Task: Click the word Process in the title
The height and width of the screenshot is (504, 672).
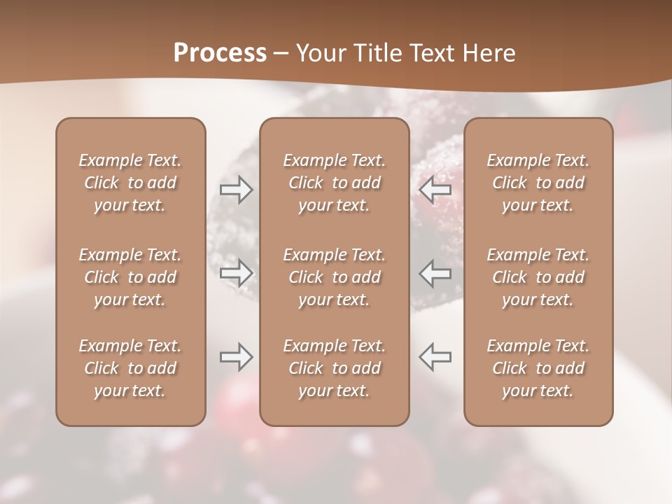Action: coord(220,53)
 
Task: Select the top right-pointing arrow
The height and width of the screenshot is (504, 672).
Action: coord(236,190)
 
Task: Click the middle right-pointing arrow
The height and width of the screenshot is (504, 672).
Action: coord(236,274)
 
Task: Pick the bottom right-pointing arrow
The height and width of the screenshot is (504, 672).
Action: coord(236,357)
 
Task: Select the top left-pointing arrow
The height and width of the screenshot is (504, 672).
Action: coord(435,190)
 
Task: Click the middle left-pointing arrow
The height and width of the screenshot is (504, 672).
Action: coord(435,274)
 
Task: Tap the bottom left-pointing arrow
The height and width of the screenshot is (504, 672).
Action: coord(435,357)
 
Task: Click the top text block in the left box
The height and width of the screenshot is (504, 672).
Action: coord(130,183)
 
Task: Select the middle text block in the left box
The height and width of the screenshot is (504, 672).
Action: coord(130,277)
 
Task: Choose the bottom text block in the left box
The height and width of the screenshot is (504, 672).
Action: coord(130,368)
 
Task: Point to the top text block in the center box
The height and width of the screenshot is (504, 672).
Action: coord(334,183)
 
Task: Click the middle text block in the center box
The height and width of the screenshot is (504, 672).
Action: coord(334,277)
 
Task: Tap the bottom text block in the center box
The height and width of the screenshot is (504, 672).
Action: coord(334,368)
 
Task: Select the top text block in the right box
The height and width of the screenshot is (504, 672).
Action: coord(538,183)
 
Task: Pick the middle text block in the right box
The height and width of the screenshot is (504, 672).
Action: coord(538,277)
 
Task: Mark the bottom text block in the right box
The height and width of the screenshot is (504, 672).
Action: coord(538,368)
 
